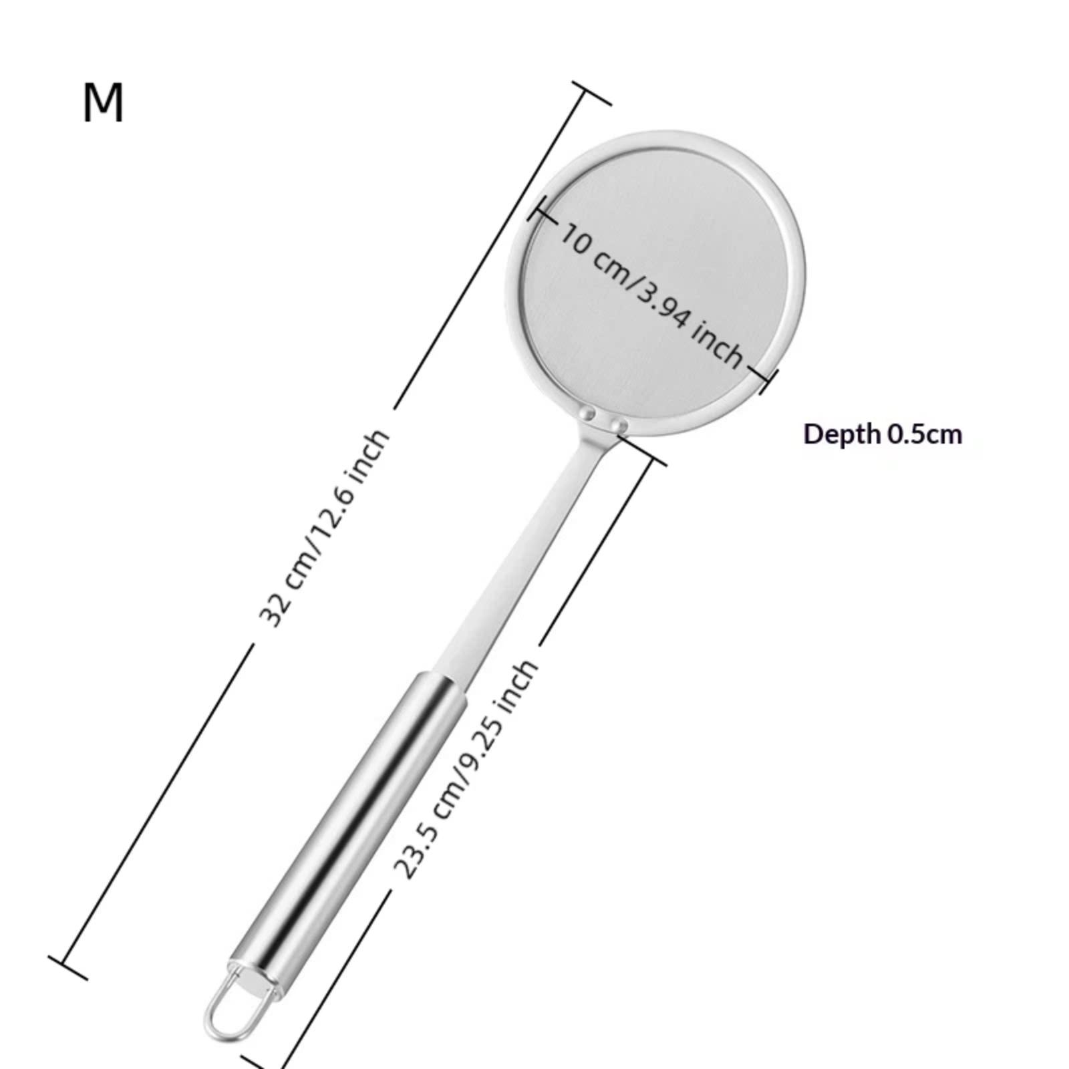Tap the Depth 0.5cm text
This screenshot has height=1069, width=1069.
883,434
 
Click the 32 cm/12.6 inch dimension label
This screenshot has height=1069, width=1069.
323,528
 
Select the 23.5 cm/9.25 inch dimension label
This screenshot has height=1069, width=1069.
466,768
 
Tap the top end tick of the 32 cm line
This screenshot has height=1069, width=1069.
591,94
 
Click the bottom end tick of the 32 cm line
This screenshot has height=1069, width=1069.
67,967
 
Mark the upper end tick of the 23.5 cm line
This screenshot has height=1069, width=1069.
643,449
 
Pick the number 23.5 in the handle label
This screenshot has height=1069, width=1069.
414,853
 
